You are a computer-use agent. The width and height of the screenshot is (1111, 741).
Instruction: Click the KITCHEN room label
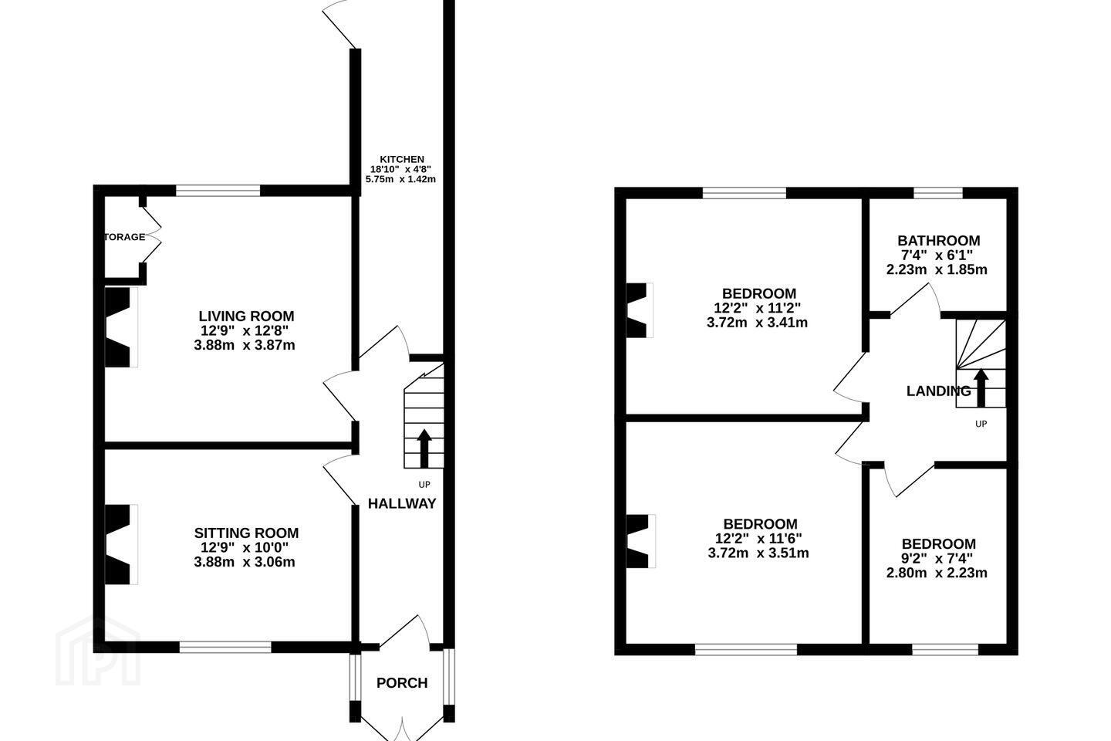point(402,159)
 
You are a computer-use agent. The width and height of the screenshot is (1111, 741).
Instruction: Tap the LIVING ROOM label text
point(247,316)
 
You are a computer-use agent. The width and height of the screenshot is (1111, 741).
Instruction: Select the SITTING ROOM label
point(247,533)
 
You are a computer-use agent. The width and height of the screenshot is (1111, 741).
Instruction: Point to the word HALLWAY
point(402,504)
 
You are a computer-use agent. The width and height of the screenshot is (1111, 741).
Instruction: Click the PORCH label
point(402,683)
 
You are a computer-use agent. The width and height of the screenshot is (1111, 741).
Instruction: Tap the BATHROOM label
point(939,241)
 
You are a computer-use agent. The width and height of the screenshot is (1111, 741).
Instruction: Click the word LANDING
point(939,391)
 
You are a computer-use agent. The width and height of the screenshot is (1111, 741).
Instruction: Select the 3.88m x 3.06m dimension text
point(245,562)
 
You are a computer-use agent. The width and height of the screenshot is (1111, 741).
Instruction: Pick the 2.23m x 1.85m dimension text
point(937,269)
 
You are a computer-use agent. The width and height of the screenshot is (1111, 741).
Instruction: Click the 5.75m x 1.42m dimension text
point(400,179)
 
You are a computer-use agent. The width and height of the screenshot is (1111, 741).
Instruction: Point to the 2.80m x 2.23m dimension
point(937,573)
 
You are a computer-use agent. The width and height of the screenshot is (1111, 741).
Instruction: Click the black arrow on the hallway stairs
point(424,448)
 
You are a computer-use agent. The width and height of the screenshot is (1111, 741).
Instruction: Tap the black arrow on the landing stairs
point(981,387)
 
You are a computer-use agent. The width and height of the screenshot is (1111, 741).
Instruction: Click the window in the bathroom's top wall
point(938,192)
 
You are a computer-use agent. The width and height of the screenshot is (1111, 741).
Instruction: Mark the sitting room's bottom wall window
point(225,647)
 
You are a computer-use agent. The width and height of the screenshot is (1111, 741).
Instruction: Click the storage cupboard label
point(124,237)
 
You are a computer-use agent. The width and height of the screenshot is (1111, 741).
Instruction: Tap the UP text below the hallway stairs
point(424,485)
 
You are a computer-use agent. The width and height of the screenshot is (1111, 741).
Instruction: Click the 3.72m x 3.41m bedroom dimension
point(758,323)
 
